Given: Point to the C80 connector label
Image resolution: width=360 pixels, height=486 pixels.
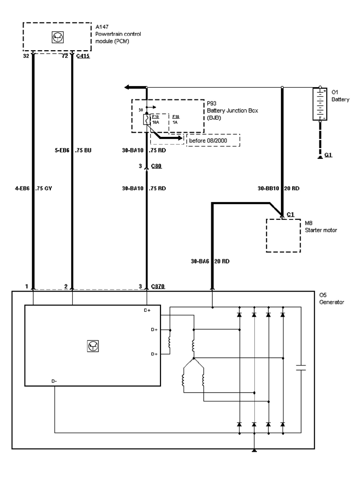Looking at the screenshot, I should tap(156, 166).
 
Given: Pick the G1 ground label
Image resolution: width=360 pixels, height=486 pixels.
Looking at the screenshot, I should tap(328, 154).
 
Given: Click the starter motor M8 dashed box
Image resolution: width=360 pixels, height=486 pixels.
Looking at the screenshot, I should tap(283, 235).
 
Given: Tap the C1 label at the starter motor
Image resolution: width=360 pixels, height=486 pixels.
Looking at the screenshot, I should tap(290, 214).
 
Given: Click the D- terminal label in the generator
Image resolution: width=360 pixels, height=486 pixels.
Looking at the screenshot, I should tap(54, 381).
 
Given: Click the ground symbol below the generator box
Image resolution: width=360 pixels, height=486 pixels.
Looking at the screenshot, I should tap(254, 451).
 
